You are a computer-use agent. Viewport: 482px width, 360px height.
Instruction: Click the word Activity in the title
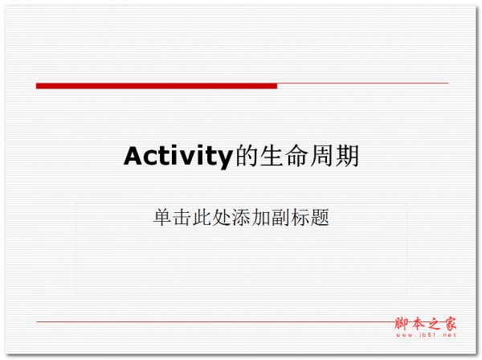[x=178, y=157]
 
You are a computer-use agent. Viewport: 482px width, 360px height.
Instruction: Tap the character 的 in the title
[x=247, y=156]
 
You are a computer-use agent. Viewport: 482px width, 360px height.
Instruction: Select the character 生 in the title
[x=272, y=156]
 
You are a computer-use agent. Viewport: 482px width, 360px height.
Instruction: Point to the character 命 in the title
[x=297, y=156]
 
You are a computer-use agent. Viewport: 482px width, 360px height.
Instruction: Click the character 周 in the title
[x=322, y=156]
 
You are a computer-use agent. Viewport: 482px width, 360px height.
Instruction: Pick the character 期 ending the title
[x=347, y=156]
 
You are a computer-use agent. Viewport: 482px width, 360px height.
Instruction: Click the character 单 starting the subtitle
[x=162, y=217]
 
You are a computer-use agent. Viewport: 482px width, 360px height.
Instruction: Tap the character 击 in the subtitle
[x=182, y=217]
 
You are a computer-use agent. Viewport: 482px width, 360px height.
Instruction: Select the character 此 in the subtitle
[x=202, y=217]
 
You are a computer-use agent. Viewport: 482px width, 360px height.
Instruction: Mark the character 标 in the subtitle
[x=300, y=217]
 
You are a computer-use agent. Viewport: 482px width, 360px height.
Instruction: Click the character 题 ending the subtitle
[x=320, y=217]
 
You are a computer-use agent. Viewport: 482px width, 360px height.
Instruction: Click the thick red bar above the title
[x=157, y=86]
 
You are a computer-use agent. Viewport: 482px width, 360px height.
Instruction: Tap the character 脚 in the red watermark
[x=402, y=324]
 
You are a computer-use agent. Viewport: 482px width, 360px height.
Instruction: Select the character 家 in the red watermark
[x=449, y=324]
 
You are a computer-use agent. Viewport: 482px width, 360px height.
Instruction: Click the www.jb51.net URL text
[x=426, y=335]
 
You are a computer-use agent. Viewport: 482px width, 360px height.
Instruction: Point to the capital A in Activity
[x=134, y=156]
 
